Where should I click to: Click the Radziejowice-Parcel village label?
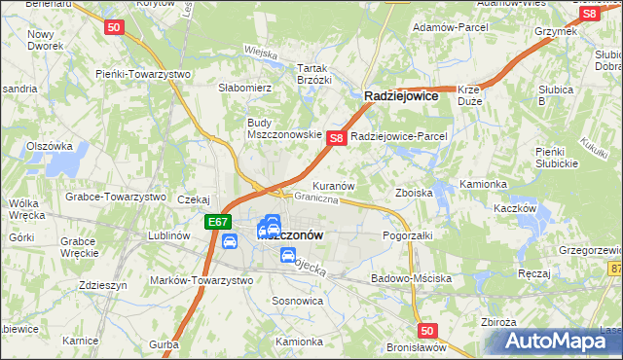(398, 136)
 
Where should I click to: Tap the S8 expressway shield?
(336, 139)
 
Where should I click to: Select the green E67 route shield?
(219, 223)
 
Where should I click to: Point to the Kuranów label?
(332, 185)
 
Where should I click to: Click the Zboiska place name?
(414, 193)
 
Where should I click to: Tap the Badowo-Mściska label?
(412, 278)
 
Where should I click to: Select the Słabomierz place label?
(244, 88)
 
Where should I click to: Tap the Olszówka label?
(51, 146)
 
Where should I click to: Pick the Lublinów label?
(168, 235)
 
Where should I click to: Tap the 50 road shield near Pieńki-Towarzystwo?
(114, 29)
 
